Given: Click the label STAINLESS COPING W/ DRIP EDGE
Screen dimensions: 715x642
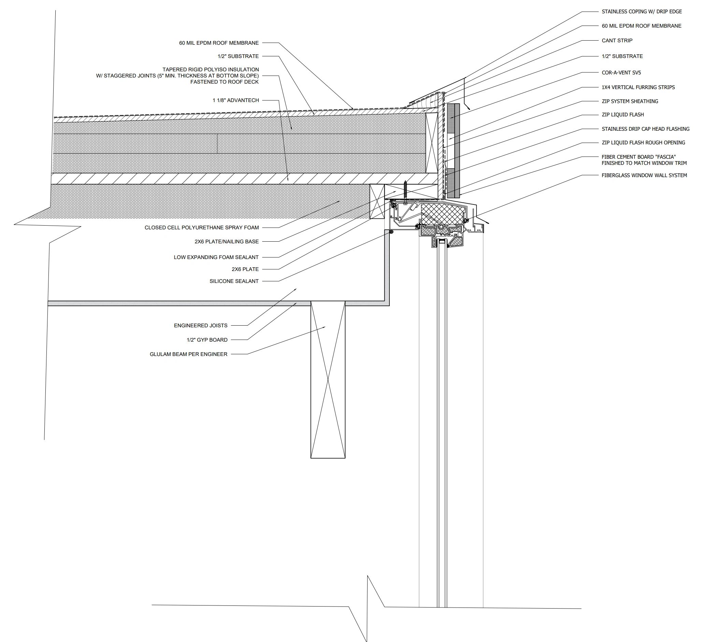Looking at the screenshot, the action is (x=642, y=12).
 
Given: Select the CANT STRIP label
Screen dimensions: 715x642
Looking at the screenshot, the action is (x=617, y=41).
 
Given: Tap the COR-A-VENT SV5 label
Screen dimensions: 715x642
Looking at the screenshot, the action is (x=621, y=73).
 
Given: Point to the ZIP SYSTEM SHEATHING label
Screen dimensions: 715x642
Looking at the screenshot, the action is (x=630, y=101).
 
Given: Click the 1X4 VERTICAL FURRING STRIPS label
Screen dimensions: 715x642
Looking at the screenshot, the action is (x=638, y=87).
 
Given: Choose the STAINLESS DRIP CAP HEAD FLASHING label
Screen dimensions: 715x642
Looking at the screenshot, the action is (x=645, y=129).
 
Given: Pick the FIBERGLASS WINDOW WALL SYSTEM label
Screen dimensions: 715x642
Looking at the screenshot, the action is (x=644, y=175).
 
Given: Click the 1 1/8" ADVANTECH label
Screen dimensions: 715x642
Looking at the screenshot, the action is (x=235, y=100).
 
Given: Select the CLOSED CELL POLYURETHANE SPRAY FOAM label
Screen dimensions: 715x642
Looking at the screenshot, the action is (x=201, y=228).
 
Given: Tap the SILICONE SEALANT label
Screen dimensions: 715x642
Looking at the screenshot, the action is (x=234, y=281).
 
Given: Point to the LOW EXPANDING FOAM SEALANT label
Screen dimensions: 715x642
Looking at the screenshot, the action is (x=216, y=257).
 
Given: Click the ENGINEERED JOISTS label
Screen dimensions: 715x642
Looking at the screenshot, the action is (x=200, y=326).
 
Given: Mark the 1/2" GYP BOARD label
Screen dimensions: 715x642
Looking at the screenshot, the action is (x=207, y=340).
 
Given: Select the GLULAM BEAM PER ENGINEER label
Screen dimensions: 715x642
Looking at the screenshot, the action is (x=188, y=354).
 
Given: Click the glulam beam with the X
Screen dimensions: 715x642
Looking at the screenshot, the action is (x=328, y=380).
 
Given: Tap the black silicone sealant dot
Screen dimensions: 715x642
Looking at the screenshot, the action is (x=391, y=232).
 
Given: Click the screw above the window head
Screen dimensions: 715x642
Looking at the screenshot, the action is (x=406, y=192).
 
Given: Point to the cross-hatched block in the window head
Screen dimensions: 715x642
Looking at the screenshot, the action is (x=443, y=214).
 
